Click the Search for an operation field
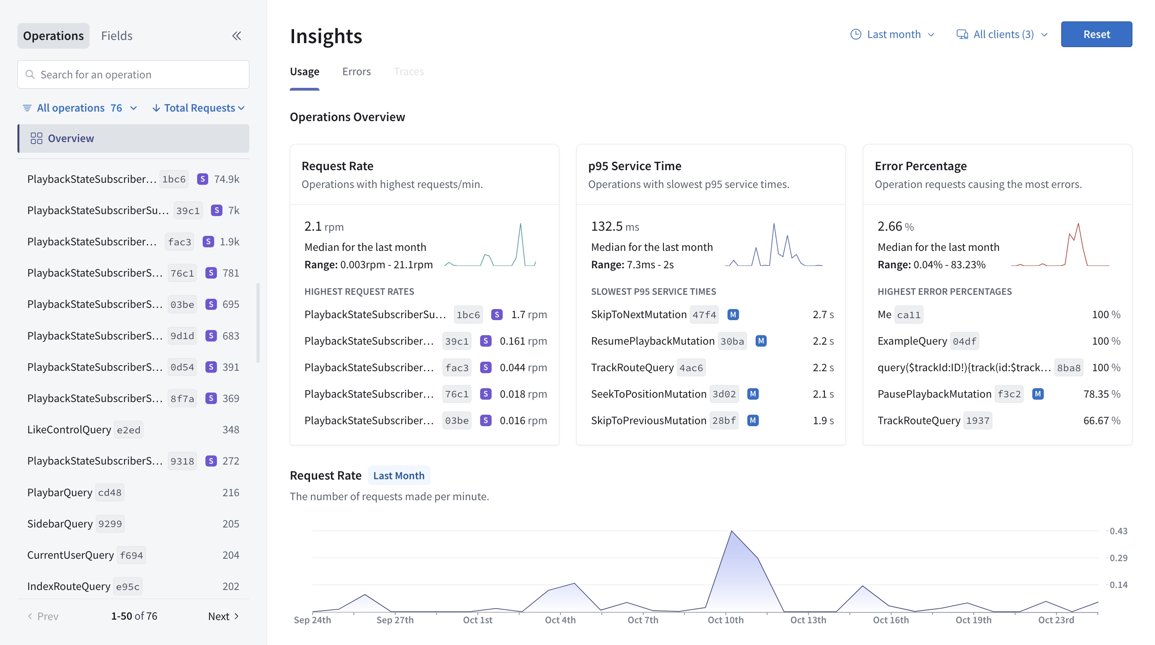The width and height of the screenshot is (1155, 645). click(133, 74)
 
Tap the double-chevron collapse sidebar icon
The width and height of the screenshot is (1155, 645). click(236, 36)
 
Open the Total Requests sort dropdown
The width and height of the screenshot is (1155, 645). click(199, 108)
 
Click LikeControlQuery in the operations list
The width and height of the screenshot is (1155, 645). click(69, 429)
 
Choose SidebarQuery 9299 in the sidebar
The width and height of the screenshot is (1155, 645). click(60, 524)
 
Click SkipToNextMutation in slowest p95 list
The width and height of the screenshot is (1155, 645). click(638, 314)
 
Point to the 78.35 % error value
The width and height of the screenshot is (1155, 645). click(1101, 394)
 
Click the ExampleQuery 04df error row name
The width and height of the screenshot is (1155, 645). click(912, 341)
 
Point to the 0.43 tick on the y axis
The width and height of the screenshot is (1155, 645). click(1118, 531)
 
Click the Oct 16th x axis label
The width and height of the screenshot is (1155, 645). click(891, 620)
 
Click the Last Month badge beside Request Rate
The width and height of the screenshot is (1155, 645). click(399, 475)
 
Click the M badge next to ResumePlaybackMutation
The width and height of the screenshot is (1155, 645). click(760, 341)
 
